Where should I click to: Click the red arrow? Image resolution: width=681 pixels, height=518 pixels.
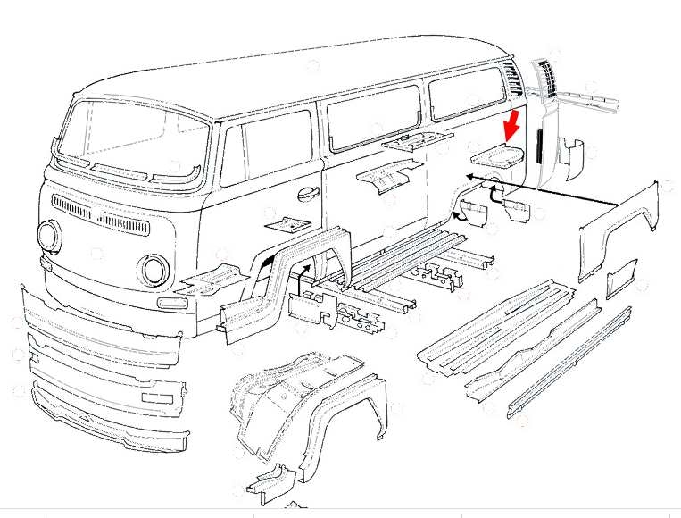pos(512,125)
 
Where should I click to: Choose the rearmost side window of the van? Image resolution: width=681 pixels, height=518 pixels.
pos(466,93)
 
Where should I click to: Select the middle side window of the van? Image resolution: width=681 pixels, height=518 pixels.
pos(373,114)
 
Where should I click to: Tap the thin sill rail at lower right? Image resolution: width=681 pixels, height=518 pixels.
pos(571,362)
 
